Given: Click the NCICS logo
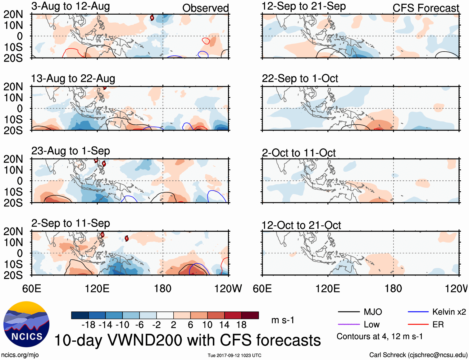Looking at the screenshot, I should click(26, 324).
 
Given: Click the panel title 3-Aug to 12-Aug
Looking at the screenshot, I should click(71, 6).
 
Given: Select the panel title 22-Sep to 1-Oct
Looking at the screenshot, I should click(300, 78).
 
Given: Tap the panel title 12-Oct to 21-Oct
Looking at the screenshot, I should click(301, 225).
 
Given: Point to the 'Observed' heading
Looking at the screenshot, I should click(205, 8).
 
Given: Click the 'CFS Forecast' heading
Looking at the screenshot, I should click(426, 8).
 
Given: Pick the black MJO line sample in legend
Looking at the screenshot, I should click(348, 312).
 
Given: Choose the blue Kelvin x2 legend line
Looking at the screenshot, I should click(418, 312).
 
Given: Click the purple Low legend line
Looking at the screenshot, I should click(348, 324).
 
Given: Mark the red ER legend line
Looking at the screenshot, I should click(418, 324).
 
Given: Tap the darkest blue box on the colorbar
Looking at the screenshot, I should click(80, 315).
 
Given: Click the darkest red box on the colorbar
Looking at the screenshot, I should click(250, 315).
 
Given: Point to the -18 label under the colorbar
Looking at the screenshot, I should click(89, 325).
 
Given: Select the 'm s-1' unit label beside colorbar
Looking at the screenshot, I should click(283, 320).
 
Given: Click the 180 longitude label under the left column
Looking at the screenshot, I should click(163, 288).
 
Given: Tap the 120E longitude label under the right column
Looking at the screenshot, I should click(328, 288).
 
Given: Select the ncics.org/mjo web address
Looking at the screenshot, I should click(20, 355).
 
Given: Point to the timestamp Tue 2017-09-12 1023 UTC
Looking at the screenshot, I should click(234, 355).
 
